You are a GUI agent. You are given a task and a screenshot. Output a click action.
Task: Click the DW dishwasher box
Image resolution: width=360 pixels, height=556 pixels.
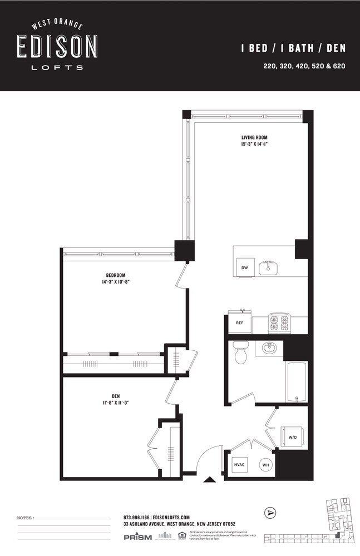point(244,267)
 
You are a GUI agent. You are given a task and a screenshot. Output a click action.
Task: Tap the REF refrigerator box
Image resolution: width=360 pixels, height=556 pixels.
point(240,323)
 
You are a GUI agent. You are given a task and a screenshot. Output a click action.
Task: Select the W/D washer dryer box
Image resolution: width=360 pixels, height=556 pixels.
point(292,436)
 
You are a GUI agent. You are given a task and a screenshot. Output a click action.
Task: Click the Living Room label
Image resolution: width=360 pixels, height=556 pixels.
point(254,137)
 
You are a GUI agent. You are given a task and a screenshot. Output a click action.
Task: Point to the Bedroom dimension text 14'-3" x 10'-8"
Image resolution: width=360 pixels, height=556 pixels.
point(116,282)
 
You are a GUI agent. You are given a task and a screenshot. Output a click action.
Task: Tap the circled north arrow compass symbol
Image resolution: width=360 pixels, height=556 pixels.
point(270,513)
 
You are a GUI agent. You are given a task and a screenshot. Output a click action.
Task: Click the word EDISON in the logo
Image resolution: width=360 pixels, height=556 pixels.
point(57,47)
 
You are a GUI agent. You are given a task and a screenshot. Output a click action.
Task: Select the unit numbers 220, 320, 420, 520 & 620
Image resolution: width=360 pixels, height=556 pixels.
point(305,66)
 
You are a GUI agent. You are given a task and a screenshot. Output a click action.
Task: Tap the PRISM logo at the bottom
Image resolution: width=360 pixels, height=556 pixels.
point(137,537)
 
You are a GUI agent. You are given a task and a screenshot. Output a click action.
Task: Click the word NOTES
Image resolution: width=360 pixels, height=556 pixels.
point(26,518)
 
